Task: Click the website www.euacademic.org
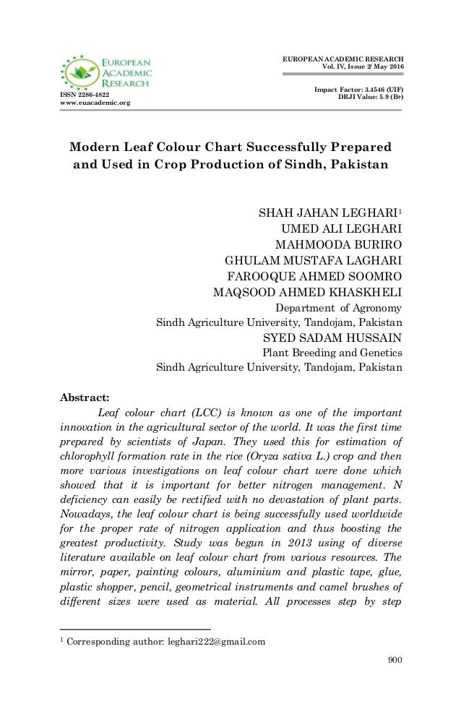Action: click(x=94, y=103)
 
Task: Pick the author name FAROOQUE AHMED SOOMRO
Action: click(x=315, y=277)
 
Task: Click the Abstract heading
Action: click(x=83, y=396)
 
